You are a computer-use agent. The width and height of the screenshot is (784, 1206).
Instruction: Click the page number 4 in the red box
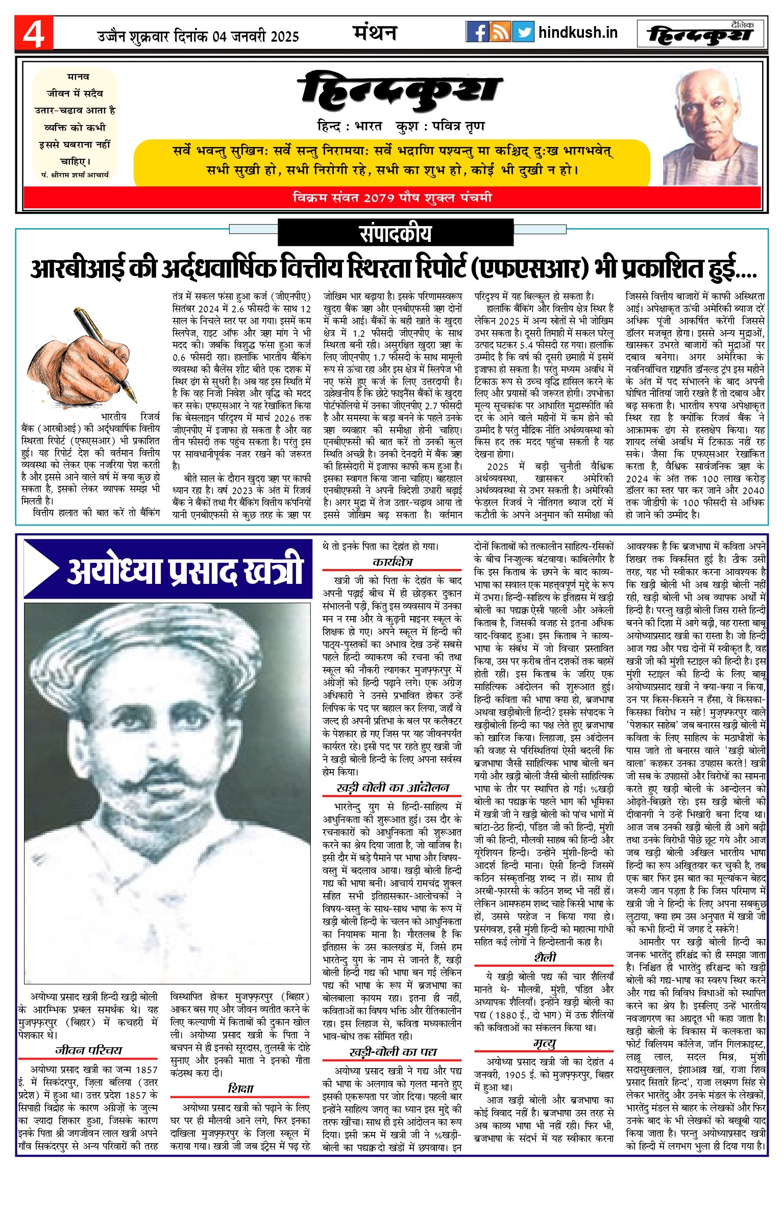pyautogui.click(x=34, y=33)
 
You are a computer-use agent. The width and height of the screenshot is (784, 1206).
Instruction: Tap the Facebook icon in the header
pyautogui.click(x=477, y=32)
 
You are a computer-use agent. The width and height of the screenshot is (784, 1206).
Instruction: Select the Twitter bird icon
pyautogui.click(x=523, y=32)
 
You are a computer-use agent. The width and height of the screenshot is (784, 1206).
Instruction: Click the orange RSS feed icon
pyautogui.click(x=500, y=32)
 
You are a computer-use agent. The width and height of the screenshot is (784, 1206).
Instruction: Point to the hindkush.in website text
pyautogui.click(x=578, y=33)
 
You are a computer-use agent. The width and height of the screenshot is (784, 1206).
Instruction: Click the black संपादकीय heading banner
pyautogui.click(x=395, y=233)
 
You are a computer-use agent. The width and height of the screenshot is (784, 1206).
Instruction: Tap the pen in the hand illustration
pyautogui.click(x=105, y=352)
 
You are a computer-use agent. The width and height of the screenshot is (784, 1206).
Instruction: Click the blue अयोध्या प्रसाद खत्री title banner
pyautogui.click(x=168, y=570)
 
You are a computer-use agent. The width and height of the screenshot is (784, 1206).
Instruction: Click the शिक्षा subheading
pyautogui.click(x=240, y=1088)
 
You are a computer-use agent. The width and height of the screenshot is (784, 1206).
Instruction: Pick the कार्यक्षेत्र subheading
pyautogui.click(x=392, y=562)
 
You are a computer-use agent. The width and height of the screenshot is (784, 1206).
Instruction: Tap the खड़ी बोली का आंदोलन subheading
pyautogui.click(x=392, y=788)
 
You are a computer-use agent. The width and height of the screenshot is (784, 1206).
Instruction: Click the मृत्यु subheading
pyautogui.click(x=544, y=1029)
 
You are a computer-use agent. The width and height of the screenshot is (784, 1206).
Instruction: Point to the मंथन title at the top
pyautogui.click(x=375, y=33)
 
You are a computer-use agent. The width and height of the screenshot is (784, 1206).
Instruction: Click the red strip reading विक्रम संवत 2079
pyautogui.click(x=392, y=198)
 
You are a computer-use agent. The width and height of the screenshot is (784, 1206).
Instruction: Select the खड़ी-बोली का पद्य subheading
pyautogui.click(x=392, y=1052)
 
